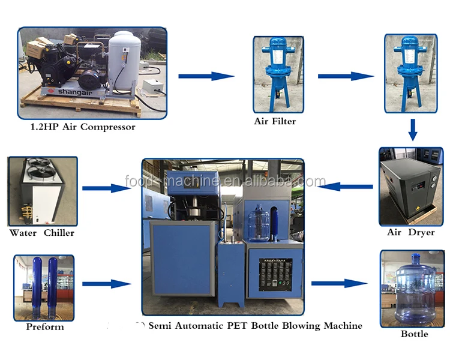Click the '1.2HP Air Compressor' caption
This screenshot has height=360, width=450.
click(x=83, y=127)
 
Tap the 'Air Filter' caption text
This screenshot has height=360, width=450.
click(x=275, y=121)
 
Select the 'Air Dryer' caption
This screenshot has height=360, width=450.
click(x=411, y=232)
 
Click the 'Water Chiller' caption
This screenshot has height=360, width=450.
click(x=42, y=233)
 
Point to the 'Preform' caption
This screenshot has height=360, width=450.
click(x=44, y=327)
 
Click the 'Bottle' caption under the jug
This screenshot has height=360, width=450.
click(x=414, y=333)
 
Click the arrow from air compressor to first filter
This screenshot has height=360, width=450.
click(x=206, y=76)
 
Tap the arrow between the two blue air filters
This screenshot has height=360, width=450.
click(x=346, y=76)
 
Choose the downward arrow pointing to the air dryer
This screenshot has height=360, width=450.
click(x=412, y=130)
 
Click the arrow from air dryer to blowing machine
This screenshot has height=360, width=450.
click(x=344, y=187)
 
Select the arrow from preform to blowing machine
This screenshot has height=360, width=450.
click(x=106, y=283)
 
